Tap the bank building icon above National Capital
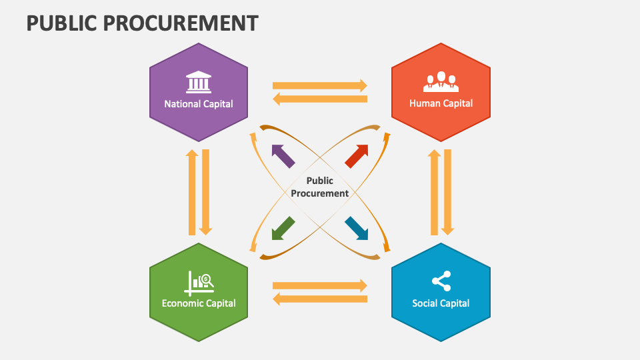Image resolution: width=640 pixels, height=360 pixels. tap(198, 81)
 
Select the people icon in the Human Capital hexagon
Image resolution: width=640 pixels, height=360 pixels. tap(441, 81)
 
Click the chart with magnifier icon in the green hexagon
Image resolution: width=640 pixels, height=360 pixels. tap(199, 283)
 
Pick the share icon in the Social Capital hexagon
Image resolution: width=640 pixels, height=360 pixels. tap(441, 281)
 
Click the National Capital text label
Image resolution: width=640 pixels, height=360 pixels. tap(199, 103)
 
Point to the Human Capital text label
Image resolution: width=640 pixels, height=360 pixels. tap(441, 103)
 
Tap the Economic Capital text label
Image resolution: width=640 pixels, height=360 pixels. tap(199, 303)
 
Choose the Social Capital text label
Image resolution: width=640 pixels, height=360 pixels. tap(441, 303)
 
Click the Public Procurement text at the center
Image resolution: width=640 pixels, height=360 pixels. tap(319, 187)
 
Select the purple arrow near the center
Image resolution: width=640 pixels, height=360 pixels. tap(283, 156)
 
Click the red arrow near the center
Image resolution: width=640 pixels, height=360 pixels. tap(357, 155)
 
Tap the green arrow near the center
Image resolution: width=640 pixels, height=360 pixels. tap(283, 227)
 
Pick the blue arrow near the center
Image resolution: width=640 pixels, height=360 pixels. tap(357, 228)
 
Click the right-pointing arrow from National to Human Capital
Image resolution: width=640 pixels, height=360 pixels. tap(320, 85)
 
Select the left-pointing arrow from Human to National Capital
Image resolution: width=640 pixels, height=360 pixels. tap(320, 99)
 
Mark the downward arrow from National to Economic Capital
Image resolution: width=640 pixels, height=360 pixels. tap(206, 192)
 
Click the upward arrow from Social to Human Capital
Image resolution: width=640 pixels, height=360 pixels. tap(434, 192)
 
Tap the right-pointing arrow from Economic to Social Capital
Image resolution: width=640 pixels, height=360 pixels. tap(320, 285)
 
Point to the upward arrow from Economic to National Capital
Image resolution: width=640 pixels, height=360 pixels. tap(192, 192)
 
